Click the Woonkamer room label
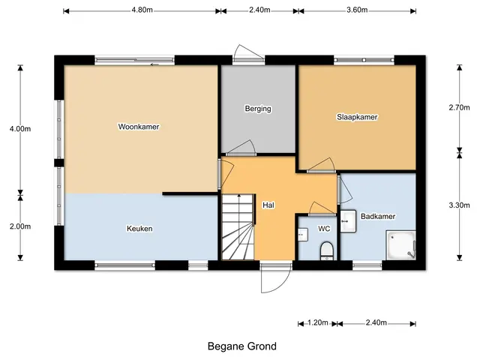139,127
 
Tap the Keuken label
139,229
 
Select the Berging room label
258,109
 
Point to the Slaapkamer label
357,117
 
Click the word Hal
268,205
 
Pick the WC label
324,229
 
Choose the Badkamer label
378,217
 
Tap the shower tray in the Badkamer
400,245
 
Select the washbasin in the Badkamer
348,220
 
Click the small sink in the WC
303,235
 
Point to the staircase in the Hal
238,226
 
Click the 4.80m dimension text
142,10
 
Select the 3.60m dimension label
357,10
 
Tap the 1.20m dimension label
318,322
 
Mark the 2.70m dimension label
459,107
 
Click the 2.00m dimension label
20,226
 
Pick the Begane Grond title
242,346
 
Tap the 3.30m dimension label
459,205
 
